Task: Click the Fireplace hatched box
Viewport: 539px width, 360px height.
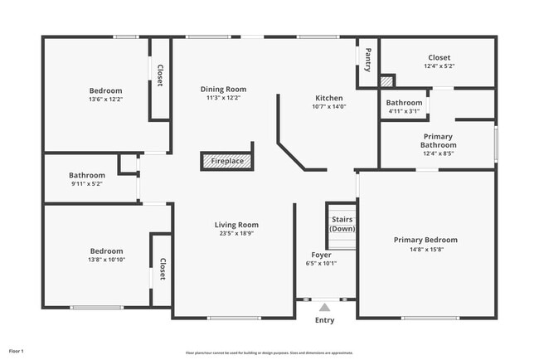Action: (x=227, y=161)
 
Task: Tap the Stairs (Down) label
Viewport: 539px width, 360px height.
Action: (x=342, y=223)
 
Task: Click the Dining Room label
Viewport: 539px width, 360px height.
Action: (x=223, y=89)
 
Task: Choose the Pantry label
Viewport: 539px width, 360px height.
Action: (x=368, y=61)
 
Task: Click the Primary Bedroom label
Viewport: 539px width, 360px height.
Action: (x=425, y=240)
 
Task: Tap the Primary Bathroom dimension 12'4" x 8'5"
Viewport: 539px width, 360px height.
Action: (x=438, y=153)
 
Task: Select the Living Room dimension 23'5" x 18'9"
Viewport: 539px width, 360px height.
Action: (x=236, y=234)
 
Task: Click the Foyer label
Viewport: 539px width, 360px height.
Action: (x=321, y=255)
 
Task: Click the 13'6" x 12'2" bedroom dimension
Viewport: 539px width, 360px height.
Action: (x=105, y=100)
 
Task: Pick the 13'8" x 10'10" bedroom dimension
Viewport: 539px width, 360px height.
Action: (x=106, y=260)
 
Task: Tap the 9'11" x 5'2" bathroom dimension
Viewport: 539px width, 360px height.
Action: (x=87, y=184)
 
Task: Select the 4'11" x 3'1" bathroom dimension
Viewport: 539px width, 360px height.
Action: (x=404, y=111)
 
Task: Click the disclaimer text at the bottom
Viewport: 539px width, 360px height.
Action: (x=269, y=353)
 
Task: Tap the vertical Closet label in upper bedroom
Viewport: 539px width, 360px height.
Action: (x=160, y=75)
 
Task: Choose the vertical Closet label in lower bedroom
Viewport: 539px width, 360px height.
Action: (x=163, y=269)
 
